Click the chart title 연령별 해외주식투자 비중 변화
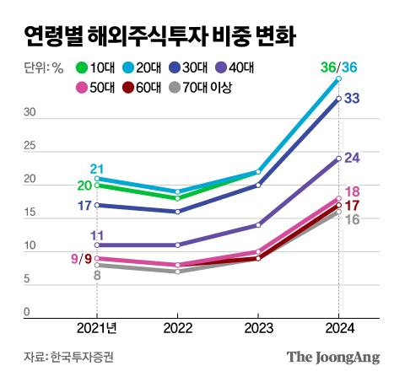coord(160,35)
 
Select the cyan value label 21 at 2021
coord(96,169)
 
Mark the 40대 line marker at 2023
coord(257,225)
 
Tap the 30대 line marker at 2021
coord(97,205)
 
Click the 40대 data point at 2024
coord(338,159)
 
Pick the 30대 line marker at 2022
coord(177,212)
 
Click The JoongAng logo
coord(332,357)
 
